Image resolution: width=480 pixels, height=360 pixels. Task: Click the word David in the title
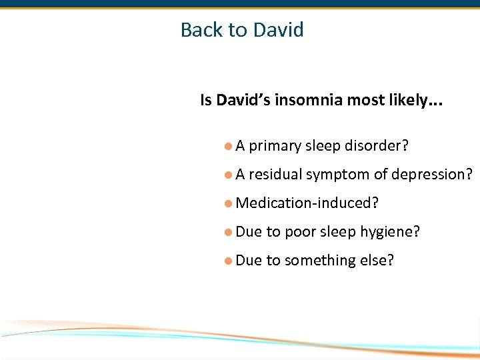coord(279,30)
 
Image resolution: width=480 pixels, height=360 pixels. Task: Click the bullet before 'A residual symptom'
coord(228,175)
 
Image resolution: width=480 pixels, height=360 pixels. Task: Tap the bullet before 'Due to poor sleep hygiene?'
coord(228,232)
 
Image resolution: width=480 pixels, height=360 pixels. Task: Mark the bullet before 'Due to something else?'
coord(228,261)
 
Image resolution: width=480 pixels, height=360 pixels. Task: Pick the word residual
coord(275,175)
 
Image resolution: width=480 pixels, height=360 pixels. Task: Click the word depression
coord(432,175)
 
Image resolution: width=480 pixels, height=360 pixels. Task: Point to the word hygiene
coord(390,233)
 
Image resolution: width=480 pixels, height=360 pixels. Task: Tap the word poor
coord(300,233)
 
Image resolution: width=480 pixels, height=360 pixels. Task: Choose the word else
coord(378,261)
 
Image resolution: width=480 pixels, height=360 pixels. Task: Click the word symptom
coord(337,175)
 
